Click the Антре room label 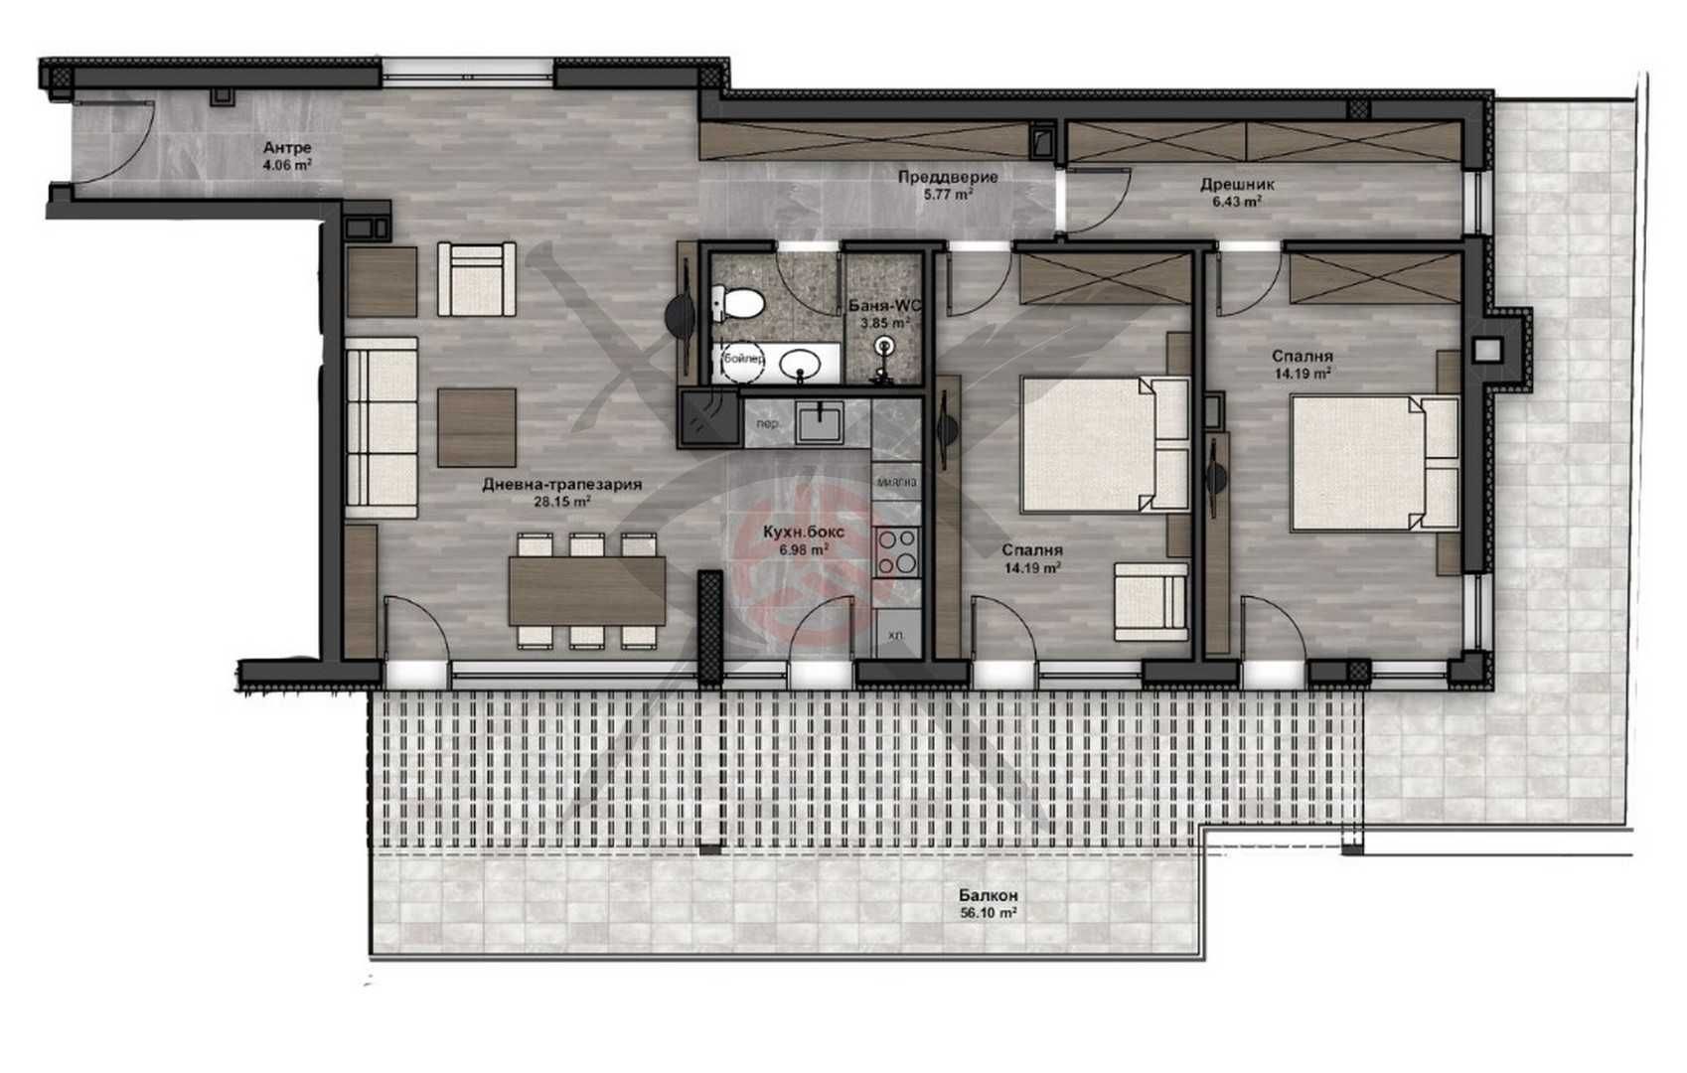287,149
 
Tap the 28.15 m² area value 562,502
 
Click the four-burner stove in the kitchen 896,551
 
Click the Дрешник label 1237,184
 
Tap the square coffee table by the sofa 477,426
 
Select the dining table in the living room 586,590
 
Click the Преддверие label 948,177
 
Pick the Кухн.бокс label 804,533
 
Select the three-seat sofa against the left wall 382,427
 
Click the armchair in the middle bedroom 1150,601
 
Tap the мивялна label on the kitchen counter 896,482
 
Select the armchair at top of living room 476,279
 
